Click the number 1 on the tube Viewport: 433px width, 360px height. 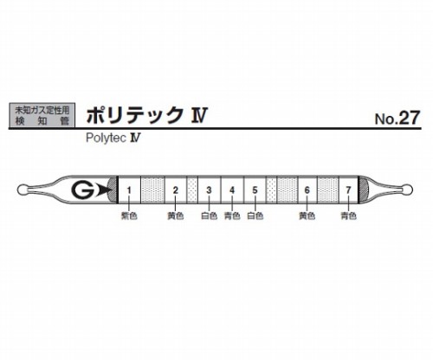pyautogui.click(x=129, y=190)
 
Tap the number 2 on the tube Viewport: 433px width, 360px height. pyautogui.click(x=176, y=190)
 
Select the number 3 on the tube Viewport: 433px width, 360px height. pyautogui.click(x=209, y=190)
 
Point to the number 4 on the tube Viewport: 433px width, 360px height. pyautogui.click(x=232, y=190)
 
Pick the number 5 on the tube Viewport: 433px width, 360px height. pyautogui.click(x=255, y=190)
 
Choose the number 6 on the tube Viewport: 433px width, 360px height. pyautogui.click(x=307, y=190)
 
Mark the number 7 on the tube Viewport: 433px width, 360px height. pyautogui.click(x=348, y=190)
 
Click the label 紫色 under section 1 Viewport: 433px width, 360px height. pyautogui.click(x=129, y=215)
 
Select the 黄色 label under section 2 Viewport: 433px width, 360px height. pyautogui.click(x=176, y=215)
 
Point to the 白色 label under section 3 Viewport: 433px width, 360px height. pyautogui.click(x=209, y=215)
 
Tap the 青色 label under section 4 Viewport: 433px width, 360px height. pyautogui.click(x=232, y=215)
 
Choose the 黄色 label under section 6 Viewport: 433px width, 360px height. pyautogui.click(x=307, y=215)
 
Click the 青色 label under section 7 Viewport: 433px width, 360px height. pyautogui.click(x=348, y=215)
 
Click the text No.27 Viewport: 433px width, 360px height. pyautogui.click(x=397, y=118)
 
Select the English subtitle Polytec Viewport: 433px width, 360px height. pyautogui.click(x=107, y=138)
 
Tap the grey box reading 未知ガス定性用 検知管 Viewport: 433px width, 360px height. pyautogui.click(x=42, y=115)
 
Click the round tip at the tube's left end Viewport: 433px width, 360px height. pyautogui.click(x=22, y=190)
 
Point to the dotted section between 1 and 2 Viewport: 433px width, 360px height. pyautogui.click(x=152, y=190)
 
